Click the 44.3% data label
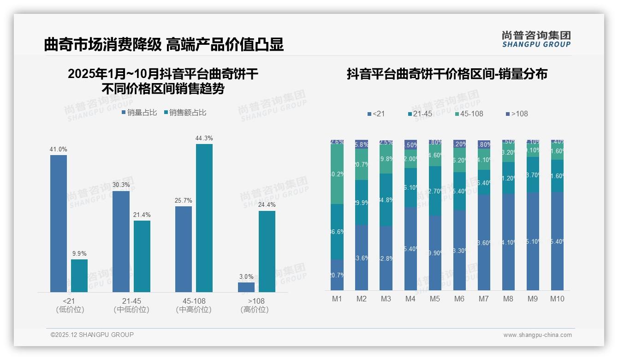click(x=204, y=138)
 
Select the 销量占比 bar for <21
click(x=59, y=223)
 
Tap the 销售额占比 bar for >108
click(x=267, y=252)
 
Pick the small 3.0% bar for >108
click(x=246, y=287)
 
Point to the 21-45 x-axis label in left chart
click(x=131, y=301)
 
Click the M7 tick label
click(x=483, y=299)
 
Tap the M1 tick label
click(x=337, y=299)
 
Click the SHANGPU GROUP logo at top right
click(x=536, y=39)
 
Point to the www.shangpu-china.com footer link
click(x=537, y=335)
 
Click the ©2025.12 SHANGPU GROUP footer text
click(x=92, y=335)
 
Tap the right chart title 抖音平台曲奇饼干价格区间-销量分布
click(x=447, y=74)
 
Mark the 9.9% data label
click(x=79, y=253)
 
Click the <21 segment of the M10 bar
click(x=557, y=241)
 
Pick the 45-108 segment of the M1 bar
click(x=337, y=174)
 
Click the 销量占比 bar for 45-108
click(x=184, y=249)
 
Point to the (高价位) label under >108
click(x=255, y=310)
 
